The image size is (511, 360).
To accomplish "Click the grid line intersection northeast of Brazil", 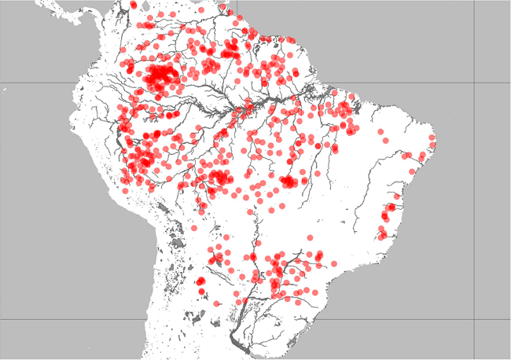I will (473, 83).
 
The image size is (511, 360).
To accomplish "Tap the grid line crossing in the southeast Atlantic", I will (473, 319).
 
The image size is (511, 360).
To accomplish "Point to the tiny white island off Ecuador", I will (5, 93).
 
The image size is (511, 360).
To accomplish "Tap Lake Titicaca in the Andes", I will (160, 208).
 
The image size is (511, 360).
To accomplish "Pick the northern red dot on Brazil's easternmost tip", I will (432, 139).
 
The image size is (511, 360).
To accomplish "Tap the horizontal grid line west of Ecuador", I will (31, 83).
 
